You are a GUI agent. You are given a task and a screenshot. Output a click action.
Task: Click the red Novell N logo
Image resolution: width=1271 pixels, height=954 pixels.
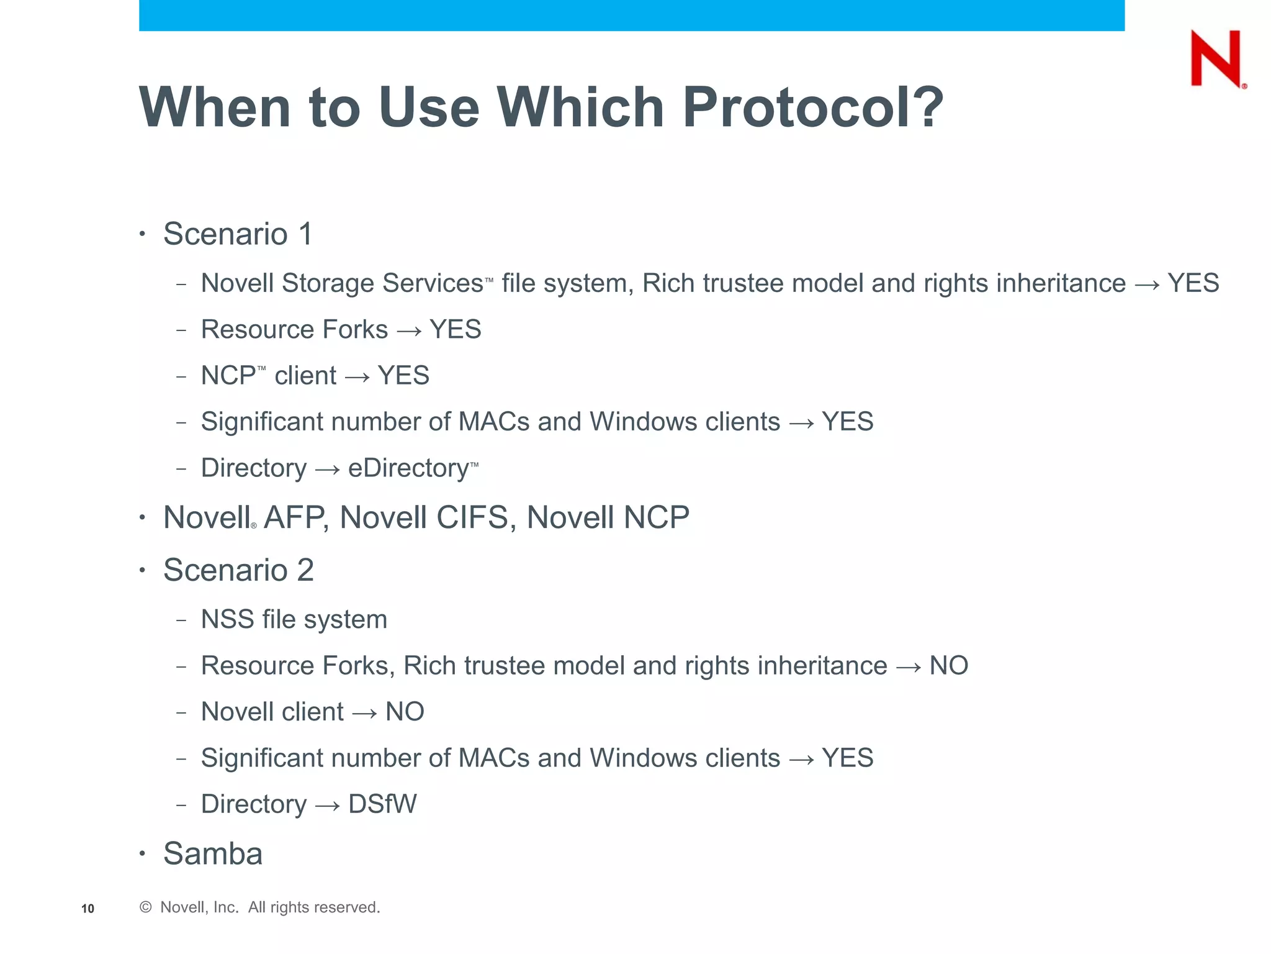point(1216,58)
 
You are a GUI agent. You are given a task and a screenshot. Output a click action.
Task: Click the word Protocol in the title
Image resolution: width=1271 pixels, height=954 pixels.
point(812,107)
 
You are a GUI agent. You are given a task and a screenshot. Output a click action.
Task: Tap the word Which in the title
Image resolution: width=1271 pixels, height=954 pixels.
point(581,107)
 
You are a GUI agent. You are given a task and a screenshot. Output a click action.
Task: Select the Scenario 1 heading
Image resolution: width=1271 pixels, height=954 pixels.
point(238,234)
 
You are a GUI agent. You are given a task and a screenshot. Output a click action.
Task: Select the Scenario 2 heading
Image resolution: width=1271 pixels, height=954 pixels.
point(238,570)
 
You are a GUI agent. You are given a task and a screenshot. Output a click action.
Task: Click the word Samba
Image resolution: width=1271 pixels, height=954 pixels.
point(213,853)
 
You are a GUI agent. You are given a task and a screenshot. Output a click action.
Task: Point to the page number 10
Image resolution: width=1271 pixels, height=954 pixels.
point(88,909)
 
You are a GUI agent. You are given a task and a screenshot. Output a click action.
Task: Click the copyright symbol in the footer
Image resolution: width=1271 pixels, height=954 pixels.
point(146,907)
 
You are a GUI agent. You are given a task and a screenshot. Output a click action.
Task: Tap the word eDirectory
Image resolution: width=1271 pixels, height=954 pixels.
point(409,468)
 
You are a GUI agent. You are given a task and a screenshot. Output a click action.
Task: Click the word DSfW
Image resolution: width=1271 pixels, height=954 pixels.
point(382,804)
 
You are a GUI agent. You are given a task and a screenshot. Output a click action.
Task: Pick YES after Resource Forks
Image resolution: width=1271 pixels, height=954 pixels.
point(455,330)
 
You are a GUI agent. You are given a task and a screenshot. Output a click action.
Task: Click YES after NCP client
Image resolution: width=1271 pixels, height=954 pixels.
point(403,376)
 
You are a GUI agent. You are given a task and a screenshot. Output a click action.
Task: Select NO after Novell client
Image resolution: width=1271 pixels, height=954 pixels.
point(405,712)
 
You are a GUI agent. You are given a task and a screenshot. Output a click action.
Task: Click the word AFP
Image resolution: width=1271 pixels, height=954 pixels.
point(294,518)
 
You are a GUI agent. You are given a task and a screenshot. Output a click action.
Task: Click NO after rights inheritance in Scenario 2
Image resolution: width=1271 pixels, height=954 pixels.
point(948,666)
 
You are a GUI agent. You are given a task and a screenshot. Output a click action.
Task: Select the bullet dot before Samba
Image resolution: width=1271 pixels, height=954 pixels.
point(142,853)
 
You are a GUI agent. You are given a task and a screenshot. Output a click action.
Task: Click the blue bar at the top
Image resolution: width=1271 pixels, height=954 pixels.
point(631,15)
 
